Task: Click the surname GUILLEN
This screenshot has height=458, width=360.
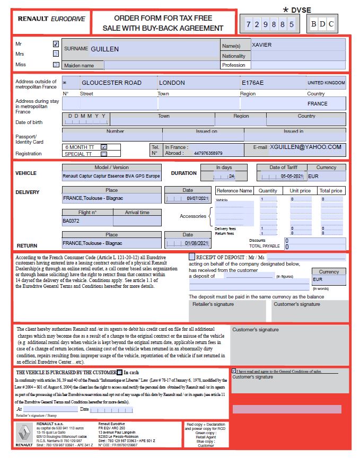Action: pyautogui.click(x=104, y=49)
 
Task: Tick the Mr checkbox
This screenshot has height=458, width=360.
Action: pyautogui.click(x=56, y=44)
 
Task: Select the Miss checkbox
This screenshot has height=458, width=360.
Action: pyautogui.click(x=56, y=65)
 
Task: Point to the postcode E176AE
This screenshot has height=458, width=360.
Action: pyautogui.click(x=252, y=83)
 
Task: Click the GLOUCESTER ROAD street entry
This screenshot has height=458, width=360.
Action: pyautogui.click(x=111, y=83)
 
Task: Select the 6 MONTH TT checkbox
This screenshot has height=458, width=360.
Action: pyautogui.click(x=104, y=147)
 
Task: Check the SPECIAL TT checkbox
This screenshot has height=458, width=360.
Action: pyautogui.click(x=104, y=154)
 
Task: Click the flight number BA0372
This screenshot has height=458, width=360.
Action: pyautogui.click(x=71, y=221)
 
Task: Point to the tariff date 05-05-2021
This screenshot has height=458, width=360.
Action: pyautogui.click(x=292, y=176)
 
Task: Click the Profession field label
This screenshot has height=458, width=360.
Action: pyautogui.click(x=234, y=65)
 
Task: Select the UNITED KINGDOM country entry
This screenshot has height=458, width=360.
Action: pyautogui.click(x=326, y=83)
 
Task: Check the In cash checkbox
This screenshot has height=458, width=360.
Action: pyautogui.click(x=120, y=373)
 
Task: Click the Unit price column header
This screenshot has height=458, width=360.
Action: pyautogui.click(x=300, y=191)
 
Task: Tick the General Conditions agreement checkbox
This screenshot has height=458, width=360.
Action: pyautogui.click(x=234, y=371)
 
